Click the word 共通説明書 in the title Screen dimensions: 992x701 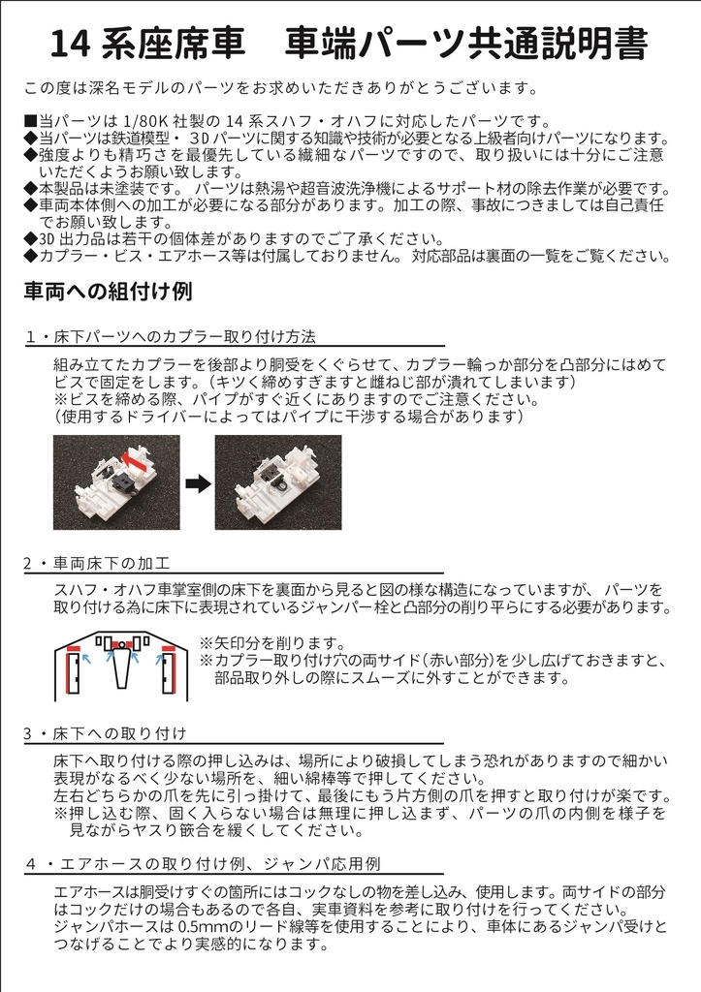tap(563, 44)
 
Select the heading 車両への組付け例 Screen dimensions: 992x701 tap(109, 290)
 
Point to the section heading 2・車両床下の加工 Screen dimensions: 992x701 tap(98, 562)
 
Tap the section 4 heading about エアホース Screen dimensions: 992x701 tap(204, 861)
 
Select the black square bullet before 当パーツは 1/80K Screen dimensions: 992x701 tap(30, 122)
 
